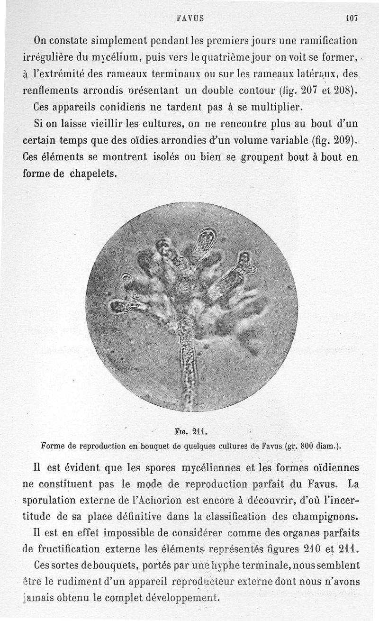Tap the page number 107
point(352,18)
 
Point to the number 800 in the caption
point(308,446)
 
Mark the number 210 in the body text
point(312,549)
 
